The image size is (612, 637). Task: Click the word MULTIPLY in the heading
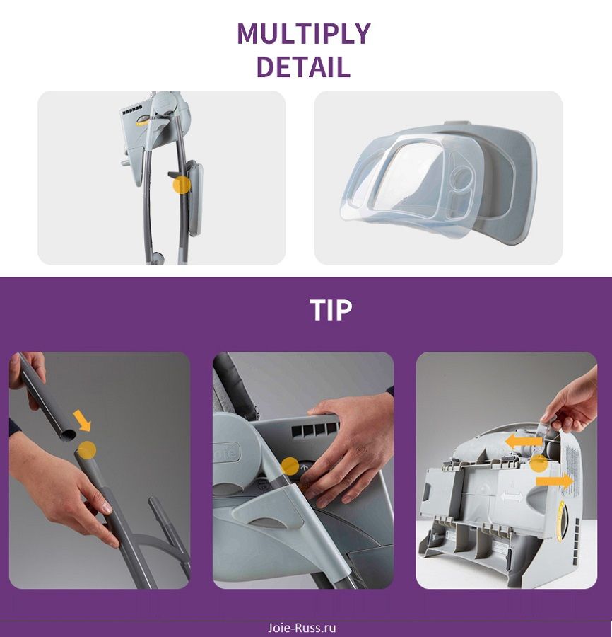[304, 34]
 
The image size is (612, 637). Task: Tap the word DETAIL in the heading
[303, 67]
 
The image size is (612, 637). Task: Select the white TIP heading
[331, 310]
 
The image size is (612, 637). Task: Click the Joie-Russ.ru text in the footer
[302, 628]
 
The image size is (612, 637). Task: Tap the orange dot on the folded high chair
[182, 185]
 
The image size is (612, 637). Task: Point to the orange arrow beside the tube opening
[82, 420]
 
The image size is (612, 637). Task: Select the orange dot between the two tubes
[87, 450]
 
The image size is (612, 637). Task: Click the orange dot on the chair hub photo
[290, 466]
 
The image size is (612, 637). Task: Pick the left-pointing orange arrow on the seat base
[524, 441]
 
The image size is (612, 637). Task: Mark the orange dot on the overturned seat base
[539, 464]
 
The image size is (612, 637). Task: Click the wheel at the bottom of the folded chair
[157, 258]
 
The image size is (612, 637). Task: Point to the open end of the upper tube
[67, 435]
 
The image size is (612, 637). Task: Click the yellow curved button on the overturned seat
[562, 521]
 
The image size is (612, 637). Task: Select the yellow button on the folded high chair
[142, 120]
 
